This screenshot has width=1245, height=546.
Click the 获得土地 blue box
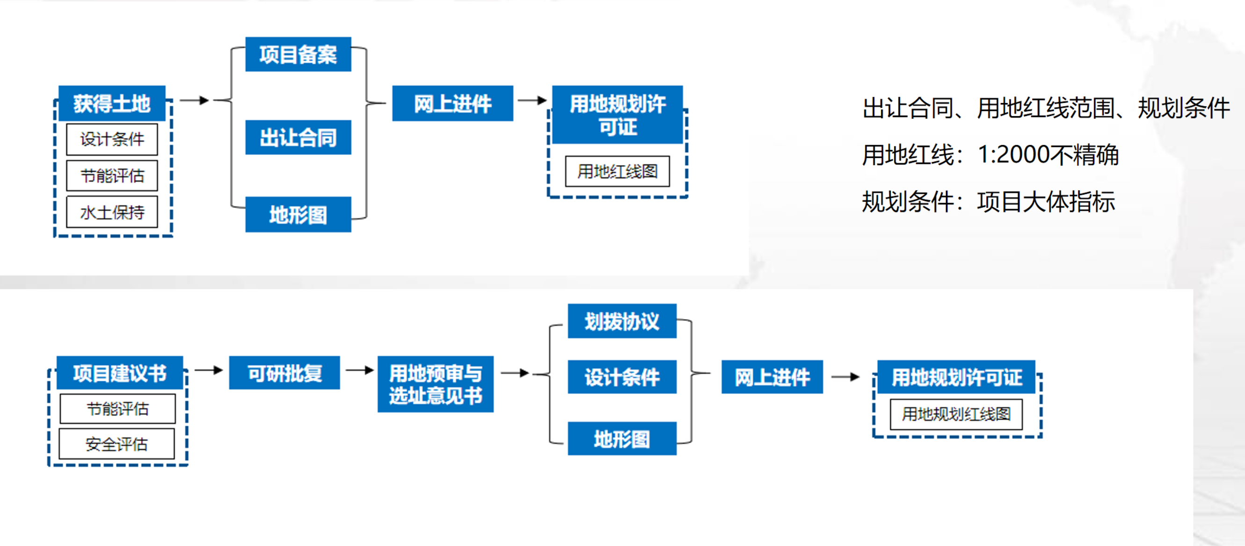(x=112, y=103)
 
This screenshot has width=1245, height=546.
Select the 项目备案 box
(x=298, y=54)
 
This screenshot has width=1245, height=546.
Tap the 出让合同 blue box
(x=298, y=137)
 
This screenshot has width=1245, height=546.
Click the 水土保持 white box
(x=112, y=211)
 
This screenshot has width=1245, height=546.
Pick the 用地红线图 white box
(x=617, y=171)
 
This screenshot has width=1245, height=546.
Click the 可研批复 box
(x=284, y=372)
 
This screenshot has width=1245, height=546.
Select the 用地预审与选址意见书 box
(x=435, y=384)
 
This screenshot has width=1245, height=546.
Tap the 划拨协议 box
(x=621, y=321)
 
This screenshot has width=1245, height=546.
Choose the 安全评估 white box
(x=116, y=444)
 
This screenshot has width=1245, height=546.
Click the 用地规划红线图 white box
(x=956, y=414)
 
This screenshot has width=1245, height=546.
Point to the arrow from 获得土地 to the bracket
(x=194, y=100)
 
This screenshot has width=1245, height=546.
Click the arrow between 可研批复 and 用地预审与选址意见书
(x=360, y=370)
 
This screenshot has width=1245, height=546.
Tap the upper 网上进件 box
(x=452, y=103)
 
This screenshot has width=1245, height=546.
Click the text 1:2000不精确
(x=1048, y=154)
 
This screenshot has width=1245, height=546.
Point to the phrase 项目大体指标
(x=1046, y=202)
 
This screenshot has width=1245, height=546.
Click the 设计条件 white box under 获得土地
(x=112, y=139)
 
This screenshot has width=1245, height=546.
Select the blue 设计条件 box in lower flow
(x=621, y=377)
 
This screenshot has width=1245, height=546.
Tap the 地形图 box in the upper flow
(x=298, y=215)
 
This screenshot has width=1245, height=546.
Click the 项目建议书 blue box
(x=119, y=372)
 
